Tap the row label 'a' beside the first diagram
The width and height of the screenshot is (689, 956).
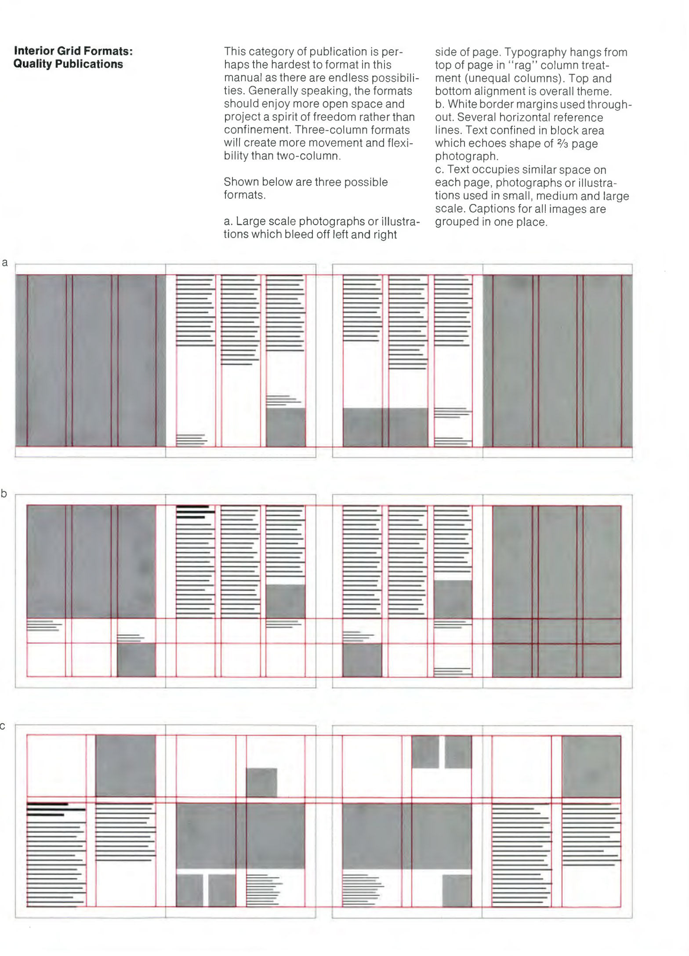coord(5,263)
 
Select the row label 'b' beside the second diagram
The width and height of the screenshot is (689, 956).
coord(4,494)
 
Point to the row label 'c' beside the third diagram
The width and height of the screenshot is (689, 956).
coord(3,726)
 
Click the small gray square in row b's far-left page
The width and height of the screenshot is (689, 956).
coord(136,659)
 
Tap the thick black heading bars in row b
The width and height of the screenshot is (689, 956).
coord(194,512)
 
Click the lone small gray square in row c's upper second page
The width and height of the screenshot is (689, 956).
coord(261,782)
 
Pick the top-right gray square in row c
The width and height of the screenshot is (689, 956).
coord(591,766)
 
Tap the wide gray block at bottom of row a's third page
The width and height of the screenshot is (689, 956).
coord(385,427)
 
